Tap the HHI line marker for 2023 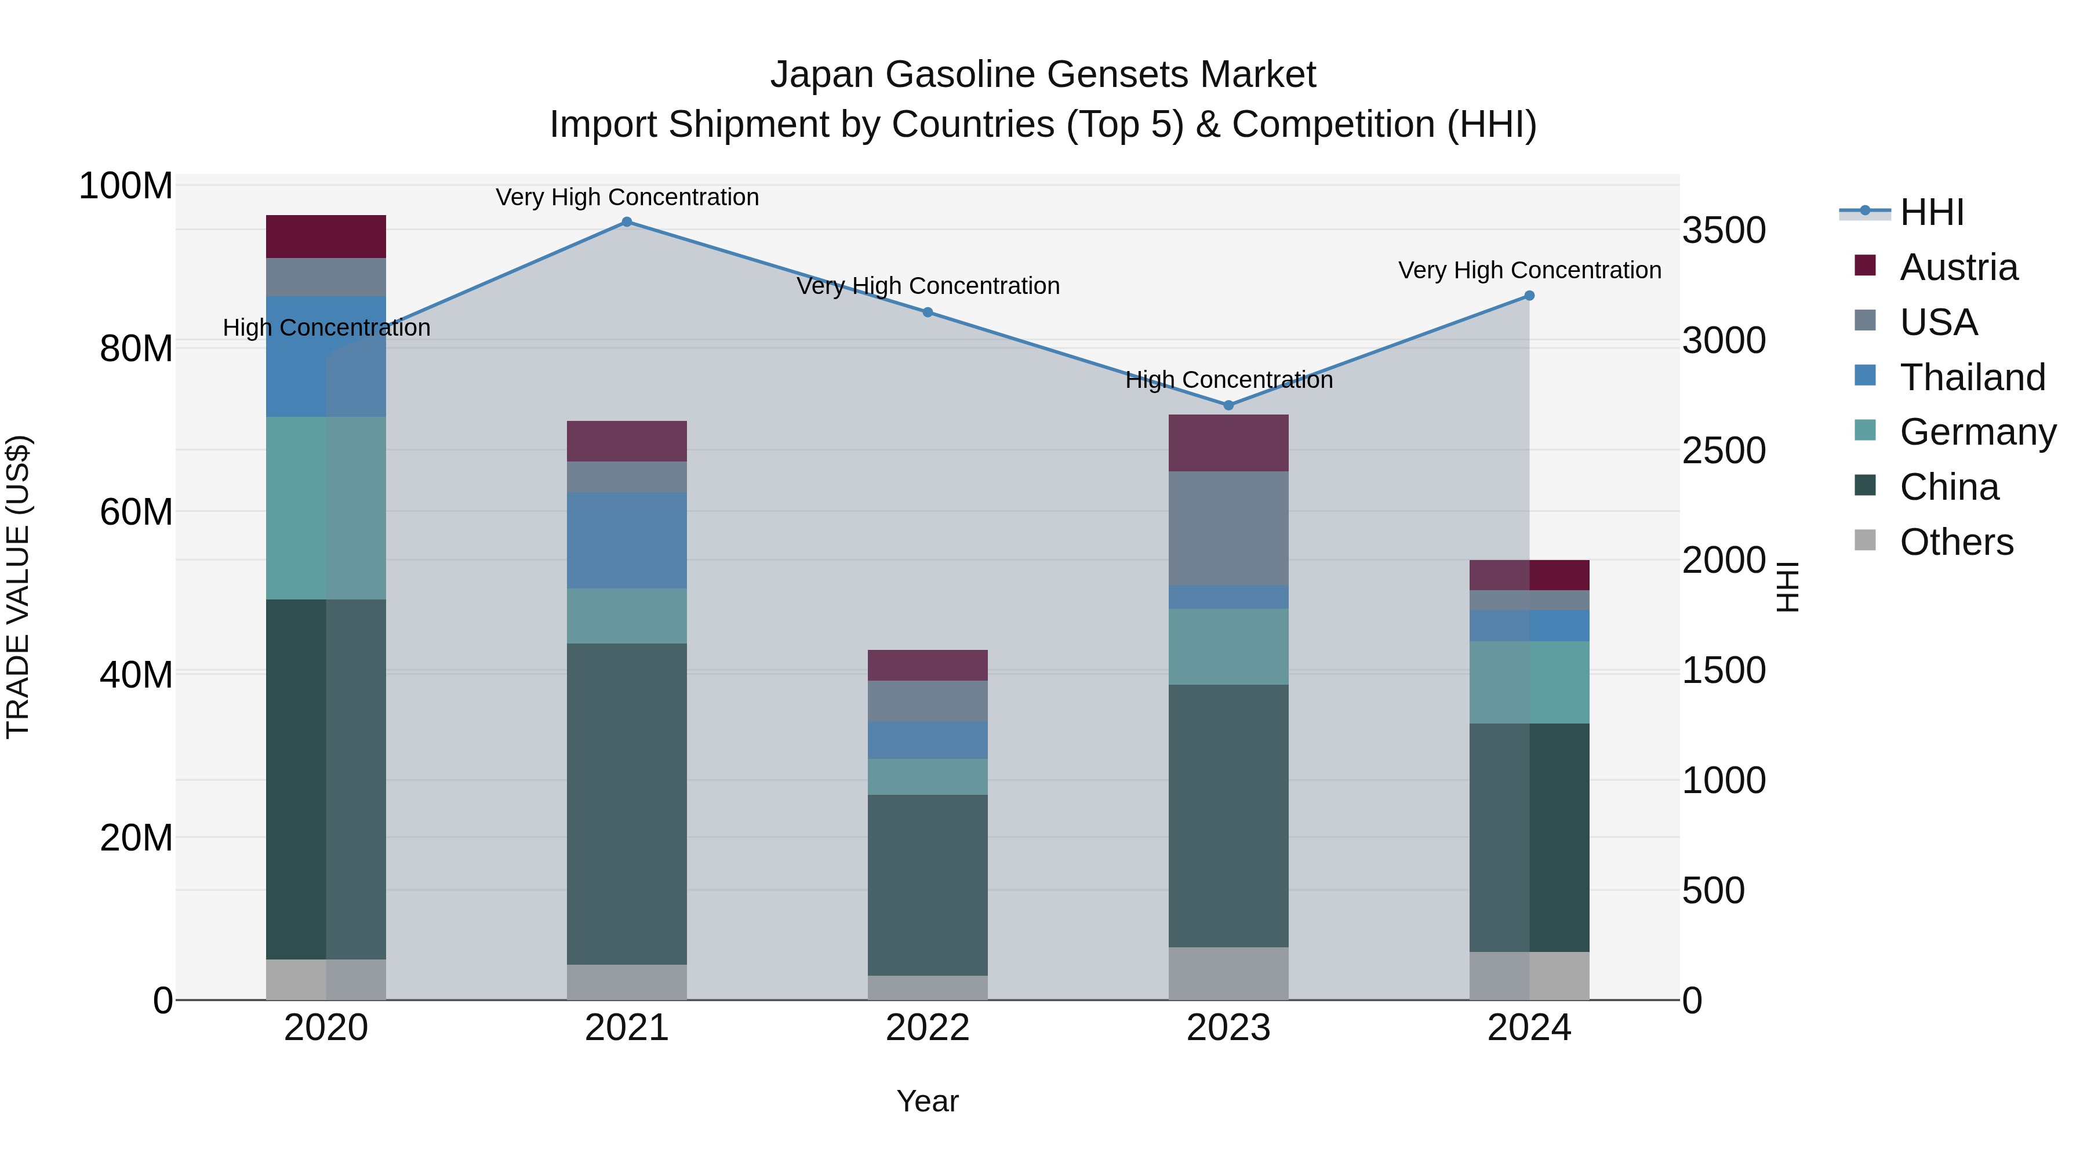(1228, 405)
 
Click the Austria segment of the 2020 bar (326, 237)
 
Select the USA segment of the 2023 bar (1228, 528)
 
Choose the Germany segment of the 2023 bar (1228, 646)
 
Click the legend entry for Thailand (1972, 377)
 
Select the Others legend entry (1956, 542)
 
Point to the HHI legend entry (1932, 212)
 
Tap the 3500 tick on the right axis (1724, 231)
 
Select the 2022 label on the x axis (927, 1028)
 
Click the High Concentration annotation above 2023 (1228, 379)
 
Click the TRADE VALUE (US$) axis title (18, 587)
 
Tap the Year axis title (927, 1101)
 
